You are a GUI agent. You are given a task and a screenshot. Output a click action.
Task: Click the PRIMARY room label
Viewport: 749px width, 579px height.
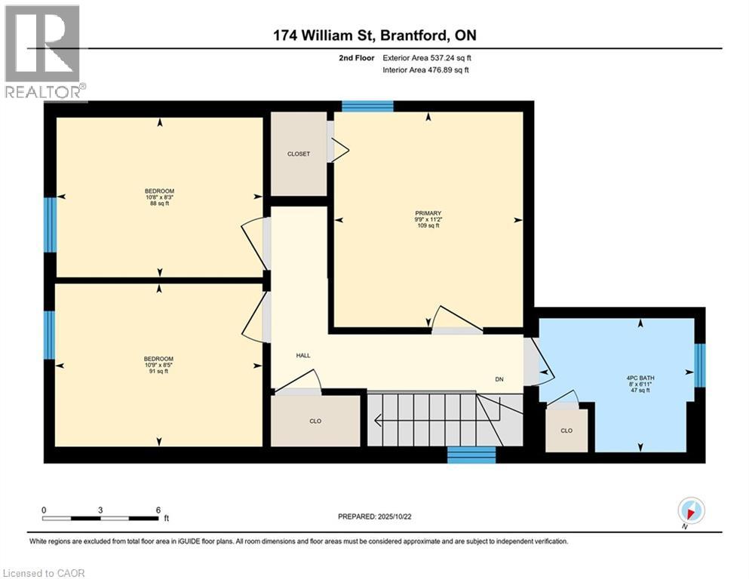[x=428, y=213]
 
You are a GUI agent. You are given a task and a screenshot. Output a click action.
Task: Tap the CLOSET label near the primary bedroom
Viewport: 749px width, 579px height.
[x=299, y=154]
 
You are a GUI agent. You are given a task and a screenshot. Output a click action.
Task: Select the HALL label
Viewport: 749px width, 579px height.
[x=303, y=355]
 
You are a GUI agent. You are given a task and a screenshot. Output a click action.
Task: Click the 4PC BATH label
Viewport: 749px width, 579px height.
[x=640, y=378]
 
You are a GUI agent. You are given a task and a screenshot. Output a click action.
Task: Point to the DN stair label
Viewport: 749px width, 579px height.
[x=499, y=379]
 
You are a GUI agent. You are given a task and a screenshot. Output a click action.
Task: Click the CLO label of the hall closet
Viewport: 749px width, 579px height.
[x=315, y=421]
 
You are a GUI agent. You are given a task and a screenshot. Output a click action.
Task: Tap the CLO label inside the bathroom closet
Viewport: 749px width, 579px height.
[x=566, y=430]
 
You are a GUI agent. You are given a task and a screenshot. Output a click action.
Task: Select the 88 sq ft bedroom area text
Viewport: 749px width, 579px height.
[x=160, y=204]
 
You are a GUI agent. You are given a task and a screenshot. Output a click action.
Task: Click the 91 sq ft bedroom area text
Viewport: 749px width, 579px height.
[x=158, y=371]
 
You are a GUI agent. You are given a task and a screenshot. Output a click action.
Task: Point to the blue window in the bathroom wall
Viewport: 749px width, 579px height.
[x=699, y=365]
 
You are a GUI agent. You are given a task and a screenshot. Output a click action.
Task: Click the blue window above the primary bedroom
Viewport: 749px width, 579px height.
[x=368, y=106]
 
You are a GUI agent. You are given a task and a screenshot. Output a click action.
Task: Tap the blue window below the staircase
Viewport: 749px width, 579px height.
[x=471, y=455]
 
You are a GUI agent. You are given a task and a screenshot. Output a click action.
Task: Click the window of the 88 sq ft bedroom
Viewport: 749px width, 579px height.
[x=50, y=225]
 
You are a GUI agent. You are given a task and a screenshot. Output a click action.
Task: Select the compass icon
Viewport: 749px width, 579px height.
[x=691, y=511]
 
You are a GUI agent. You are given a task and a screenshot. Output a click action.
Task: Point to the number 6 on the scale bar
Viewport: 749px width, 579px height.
[x=158, y=510]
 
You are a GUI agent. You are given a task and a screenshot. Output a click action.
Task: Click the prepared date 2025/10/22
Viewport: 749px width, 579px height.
[x=394, y=516]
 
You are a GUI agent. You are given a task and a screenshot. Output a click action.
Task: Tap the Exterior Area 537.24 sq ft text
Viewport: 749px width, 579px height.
[x=427, y=58]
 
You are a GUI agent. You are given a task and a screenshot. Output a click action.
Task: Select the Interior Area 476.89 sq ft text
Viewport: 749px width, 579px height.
[x=425, y=69]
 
